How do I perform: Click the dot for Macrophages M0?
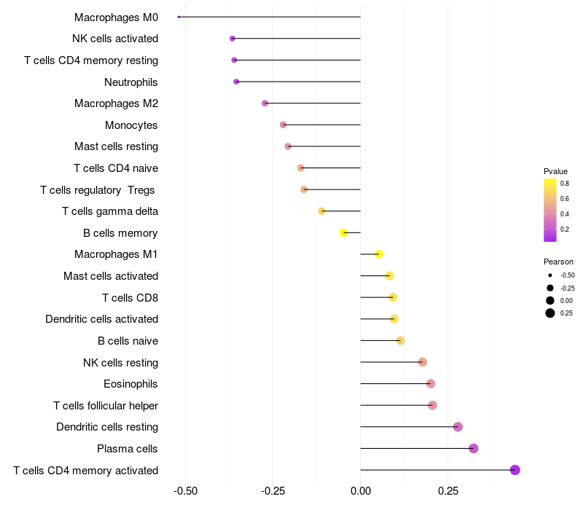point(179,17)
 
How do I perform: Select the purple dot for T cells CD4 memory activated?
point(515,470)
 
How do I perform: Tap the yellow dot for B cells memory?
point(343,232)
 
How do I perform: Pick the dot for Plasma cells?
point(473,448)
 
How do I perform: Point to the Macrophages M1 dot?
point(378,254)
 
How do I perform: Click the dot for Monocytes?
point(283,125)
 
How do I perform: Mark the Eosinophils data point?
point(431,384)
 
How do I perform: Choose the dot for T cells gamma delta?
point(321,211)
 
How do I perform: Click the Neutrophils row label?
point(131,82)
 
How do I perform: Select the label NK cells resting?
point(120,362)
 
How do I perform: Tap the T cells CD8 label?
point(130,298)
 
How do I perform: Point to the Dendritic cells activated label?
point(102,319)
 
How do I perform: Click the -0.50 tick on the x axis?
point(186,491)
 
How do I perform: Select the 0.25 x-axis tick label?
point(448,491)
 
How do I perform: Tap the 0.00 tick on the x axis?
point(361,491)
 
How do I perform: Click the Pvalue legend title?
point(555,171)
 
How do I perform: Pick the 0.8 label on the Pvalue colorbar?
point(565,184)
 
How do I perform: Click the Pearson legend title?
point(558,262)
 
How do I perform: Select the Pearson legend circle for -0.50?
point(550,275)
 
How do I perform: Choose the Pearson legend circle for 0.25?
point(550,313)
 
